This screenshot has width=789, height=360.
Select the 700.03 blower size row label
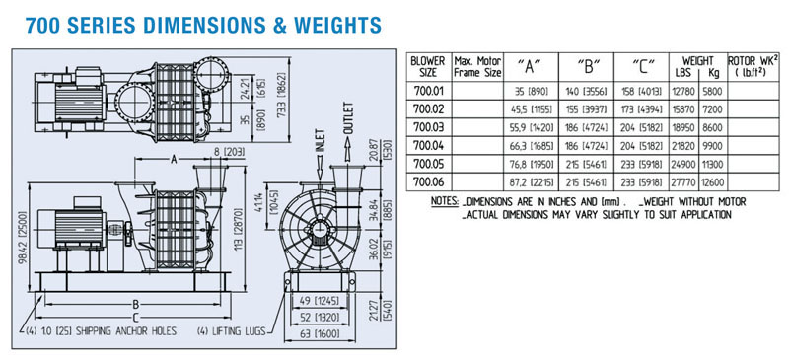pyautogui.click(x=428, y=126)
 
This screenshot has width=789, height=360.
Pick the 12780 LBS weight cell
pyautogui.click(x=683, y=91)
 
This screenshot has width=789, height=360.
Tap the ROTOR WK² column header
pyautogui.click(x=753, y=66)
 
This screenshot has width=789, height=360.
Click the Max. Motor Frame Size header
pyautogui.click(x=477, y=66)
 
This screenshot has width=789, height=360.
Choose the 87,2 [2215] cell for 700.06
pyautogui.click(x=531, y=181)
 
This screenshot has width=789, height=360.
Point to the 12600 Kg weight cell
pyautogui.click(x=713, y=181)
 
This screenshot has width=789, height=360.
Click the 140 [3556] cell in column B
pyautogui.click(x=586, y=91)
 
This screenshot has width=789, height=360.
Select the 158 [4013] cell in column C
pyautogui.click(x=641, y=91)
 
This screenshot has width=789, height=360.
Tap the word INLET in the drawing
pyautogui.click(x=320, y=141)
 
